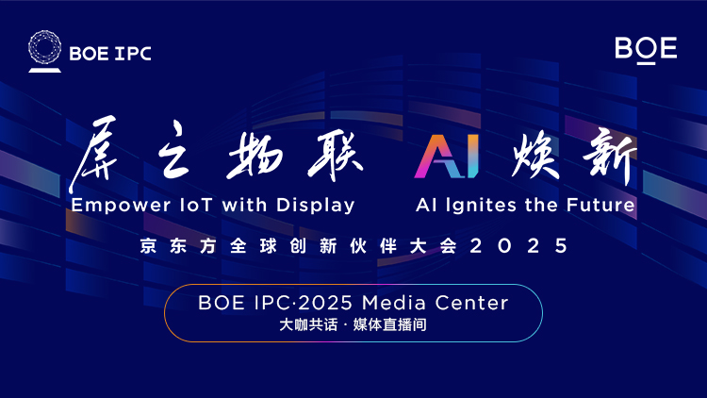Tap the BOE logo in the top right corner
646,50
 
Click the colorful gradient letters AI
447,157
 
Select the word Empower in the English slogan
121,206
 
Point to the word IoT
196,206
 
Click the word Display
316,206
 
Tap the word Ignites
481,206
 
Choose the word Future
600,205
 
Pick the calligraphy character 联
335,157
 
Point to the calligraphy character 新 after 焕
610,156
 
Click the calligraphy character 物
255,157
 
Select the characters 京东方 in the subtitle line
177,246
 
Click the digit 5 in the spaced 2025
562,246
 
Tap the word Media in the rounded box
394,303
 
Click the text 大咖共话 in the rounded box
308,324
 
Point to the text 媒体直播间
390,324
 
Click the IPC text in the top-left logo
133,54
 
